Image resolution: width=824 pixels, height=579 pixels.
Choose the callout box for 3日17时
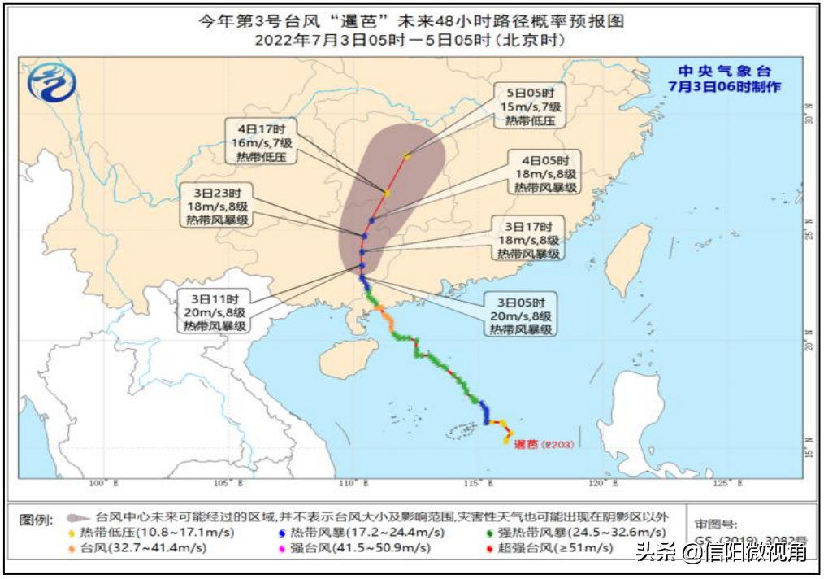coord(528,239)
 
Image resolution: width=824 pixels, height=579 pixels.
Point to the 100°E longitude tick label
coord(98,484)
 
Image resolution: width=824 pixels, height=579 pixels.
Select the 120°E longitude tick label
coord(600,484)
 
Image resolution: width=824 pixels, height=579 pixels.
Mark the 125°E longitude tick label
coord(725,484)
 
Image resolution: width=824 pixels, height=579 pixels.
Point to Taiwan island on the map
coord(628,257)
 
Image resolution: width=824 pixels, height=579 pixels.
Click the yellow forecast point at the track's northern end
coord(406,155)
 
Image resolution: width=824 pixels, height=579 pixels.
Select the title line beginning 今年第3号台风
coord(412,21)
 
